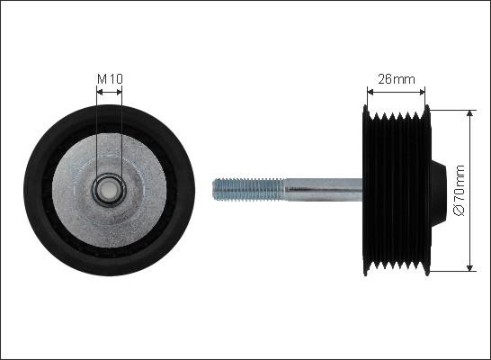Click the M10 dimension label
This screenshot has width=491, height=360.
tap(110, 78)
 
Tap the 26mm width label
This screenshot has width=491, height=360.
tap(396, 79)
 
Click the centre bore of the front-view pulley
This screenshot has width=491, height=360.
tap(109, 190)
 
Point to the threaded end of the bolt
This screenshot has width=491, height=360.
tap(248, 189)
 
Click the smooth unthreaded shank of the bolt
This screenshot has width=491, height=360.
tap(324, 190)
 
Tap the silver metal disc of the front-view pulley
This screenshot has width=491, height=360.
tap(109, 190)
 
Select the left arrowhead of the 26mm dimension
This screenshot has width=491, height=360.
tap(370, 92)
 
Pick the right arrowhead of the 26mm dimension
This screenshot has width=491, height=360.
tap(422, 92)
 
